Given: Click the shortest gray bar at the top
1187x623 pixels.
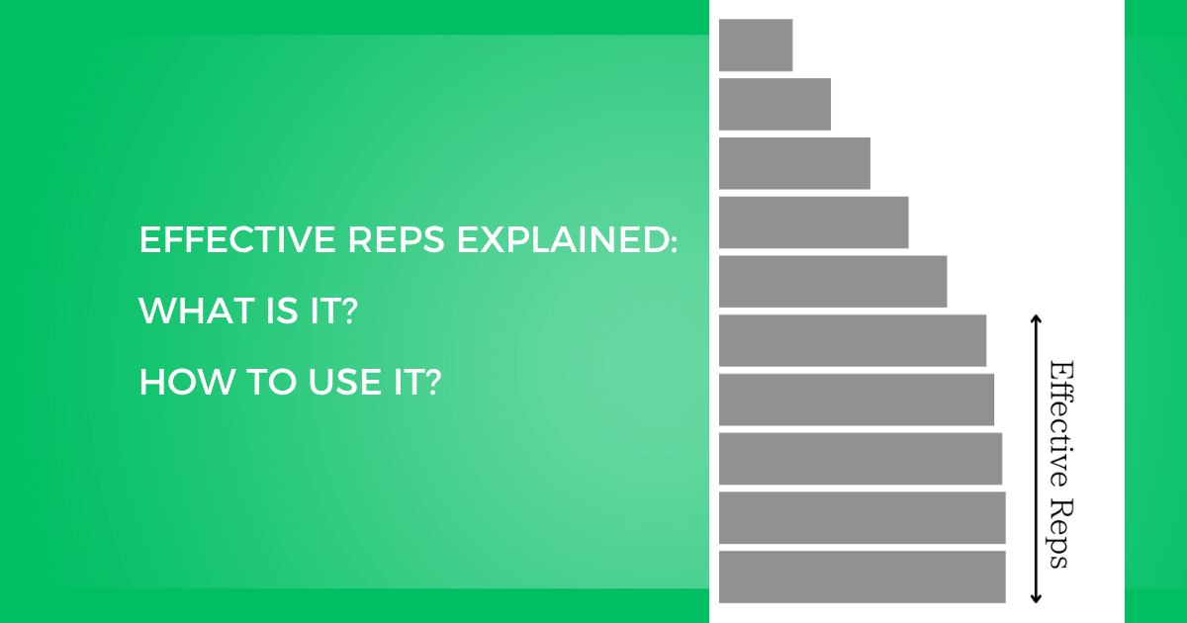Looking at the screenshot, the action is tap(756, 45).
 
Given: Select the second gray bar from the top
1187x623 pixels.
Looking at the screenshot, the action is tap(775, 105).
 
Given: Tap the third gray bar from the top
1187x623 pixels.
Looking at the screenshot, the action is tap(794, 163).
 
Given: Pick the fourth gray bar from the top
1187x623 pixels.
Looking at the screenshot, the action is tap(813, 222).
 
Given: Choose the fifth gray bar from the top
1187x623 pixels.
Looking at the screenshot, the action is tap(833, 281).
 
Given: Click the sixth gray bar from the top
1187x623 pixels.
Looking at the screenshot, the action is tap(853, 340).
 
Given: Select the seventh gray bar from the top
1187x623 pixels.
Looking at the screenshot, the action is tap(857, 400).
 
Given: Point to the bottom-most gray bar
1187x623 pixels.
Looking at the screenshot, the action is tap(863, 577).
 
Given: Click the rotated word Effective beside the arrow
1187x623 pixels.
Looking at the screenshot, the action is tap(1060, 424).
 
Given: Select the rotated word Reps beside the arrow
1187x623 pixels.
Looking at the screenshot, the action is tap(1060, 534).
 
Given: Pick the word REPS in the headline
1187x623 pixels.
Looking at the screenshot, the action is tap(397, 239).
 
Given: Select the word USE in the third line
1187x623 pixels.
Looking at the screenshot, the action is tap(344, 382).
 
